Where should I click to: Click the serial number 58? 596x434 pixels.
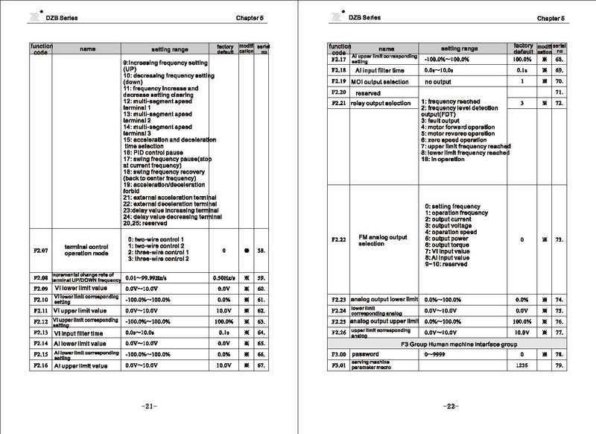click(261, 251)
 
